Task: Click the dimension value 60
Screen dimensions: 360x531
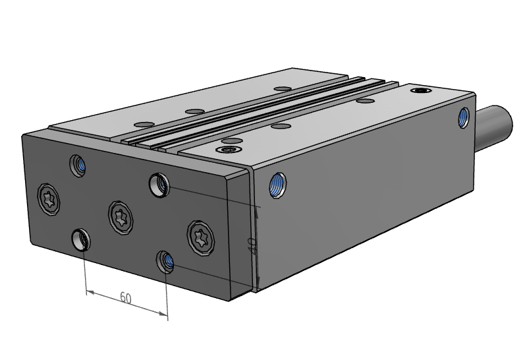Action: pos(125,298)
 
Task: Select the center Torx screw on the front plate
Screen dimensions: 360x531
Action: pos(120,216)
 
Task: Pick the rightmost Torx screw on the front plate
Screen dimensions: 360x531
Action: pos(201,235)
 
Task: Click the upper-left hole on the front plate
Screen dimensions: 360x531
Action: pos(78,163)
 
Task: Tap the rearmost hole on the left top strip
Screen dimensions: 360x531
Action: pos(283,88)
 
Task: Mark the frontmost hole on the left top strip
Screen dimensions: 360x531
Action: pos(142,124)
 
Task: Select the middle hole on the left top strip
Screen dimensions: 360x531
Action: pos(193,111)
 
